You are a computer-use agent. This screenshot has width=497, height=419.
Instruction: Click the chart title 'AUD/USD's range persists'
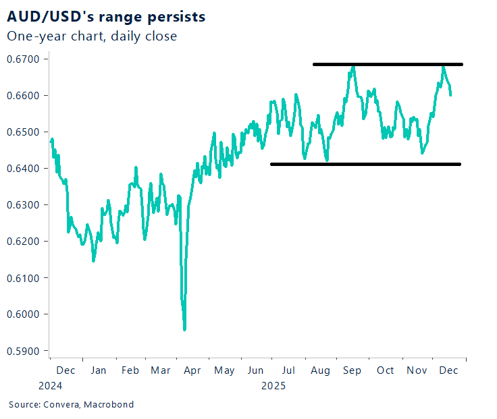click(x=107, y=15)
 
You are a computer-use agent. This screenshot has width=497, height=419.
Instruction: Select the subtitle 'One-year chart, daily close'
click(x=92, y=36)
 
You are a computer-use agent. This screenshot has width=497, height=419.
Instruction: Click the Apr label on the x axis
click(x=192, y=370)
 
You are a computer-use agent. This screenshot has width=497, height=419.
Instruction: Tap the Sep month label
click(x=352, y=370)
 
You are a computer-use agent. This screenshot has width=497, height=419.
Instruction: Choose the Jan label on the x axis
click(x=98, y=370)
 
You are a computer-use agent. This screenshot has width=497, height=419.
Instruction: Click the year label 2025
click(x=273, y=387)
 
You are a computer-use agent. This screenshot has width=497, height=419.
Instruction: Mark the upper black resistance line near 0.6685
click(x=388, y=65)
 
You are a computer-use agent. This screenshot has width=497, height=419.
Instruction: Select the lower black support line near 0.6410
click(x=365, y=164)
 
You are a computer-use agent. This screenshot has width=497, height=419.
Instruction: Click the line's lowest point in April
click(x=184, y=329)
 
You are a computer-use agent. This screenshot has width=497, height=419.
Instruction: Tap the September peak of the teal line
click(x=353, y=67)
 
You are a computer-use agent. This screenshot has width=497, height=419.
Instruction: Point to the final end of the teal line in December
click(x=451, y=94)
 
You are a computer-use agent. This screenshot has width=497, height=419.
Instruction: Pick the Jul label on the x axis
click(x=288, y=370)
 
